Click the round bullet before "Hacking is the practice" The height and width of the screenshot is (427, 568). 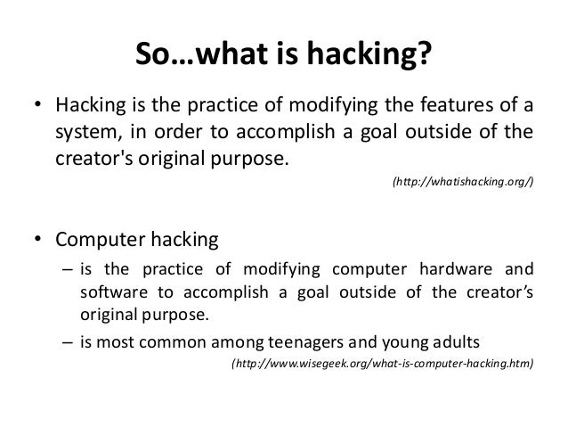click(x=37, y=110)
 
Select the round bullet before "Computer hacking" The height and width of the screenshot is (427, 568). click(x=37, y=242)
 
